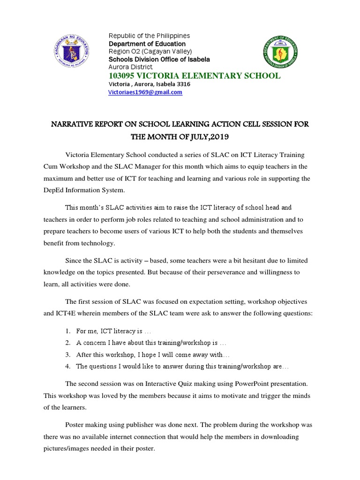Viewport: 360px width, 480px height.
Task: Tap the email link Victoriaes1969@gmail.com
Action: click(145, 92)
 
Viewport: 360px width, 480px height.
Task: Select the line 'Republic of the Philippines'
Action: click(149, 36)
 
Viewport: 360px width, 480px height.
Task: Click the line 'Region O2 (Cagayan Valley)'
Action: click(150, 52)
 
